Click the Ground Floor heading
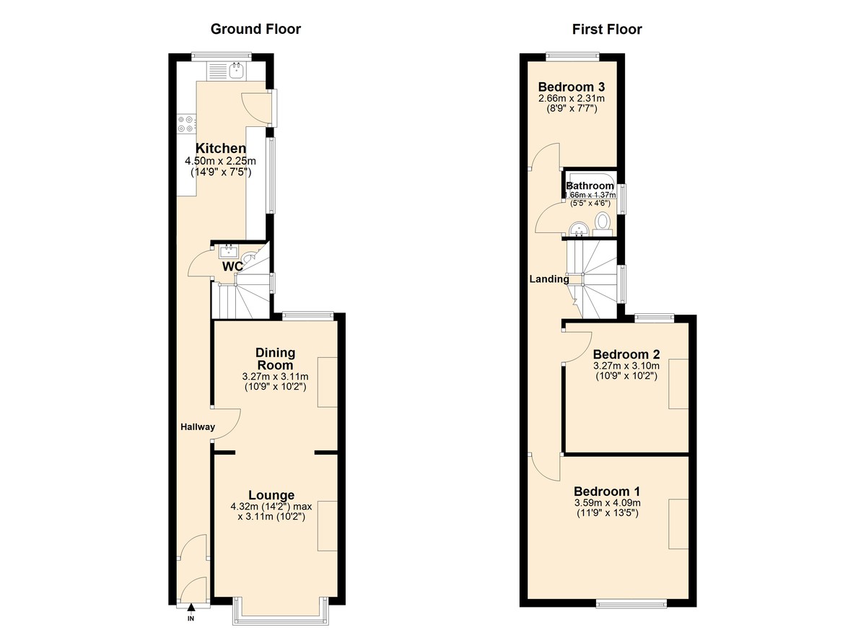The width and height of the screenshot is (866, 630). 255,30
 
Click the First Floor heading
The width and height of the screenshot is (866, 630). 607,30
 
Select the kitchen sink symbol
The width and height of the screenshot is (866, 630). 236,70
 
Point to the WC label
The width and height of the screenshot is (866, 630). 232,266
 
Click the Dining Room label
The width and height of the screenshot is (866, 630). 276,359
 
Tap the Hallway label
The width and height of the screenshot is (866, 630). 198,427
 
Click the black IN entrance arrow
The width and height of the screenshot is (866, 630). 191,609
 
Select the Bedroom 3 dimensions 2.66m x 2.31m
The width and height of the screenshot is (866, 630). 571,99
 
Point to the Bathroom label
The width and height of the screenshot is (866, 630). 590,186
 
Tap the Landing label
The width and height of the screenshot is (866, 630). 549,279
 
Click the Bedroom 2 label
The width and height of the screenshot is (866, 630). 626,354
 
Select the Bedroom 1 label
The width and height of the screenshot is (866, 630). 607,490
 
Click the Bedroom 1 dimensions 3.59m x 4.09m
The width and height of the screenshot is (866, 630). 607,503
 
